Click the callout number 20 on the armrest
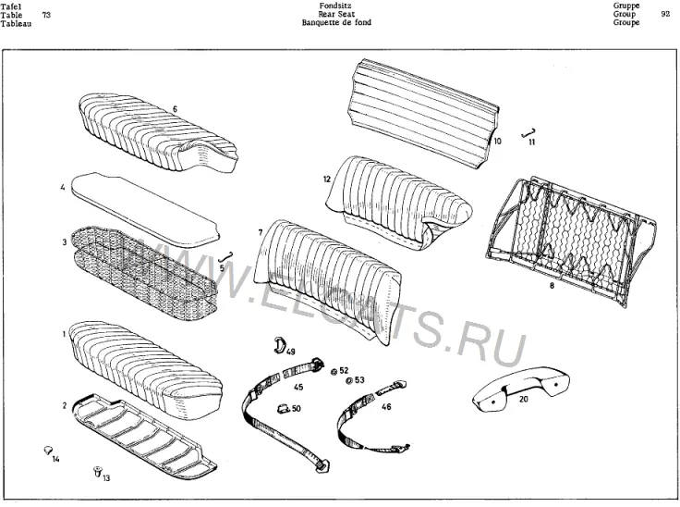pyautogui.click(x=524, y=399)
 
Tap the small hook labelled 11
pyautogui.click(x=529, y=133)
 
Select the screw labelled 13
pyautogui.click(x=97, y=471)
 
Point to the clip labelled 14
pyautogui.click(x=48, y=450)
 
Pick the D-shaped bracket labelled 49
pyautogui.click(x=279, y=343)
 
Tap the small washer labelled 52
pyautogui.click(x=334, y=371)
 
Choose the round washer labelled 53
pyautogui.click(x=349, y=380)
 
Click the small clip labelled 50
pyautogui.click(x=283, y=408)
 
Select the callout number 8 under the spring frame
pyautogui.click(x=552, y=286)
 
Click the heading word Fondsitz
pyautogui.click(x=335, y=6)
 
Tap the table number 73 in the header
pyautogui.click(x=46, y=15)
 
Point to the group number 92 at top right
pyautogui.click(x=666, y=14)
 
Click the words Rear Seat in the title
pyautogui.click(x=336, y=14)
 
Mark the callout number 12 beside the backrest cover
pyautogui.click(x=327, y=179)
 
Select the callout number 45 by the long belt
pyautogui.click(x=298, y=387)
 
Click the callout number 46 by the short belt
pyautogui.click(x=386, y=407)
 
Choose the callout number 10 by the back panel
pyautogui.click(x=497, y=141)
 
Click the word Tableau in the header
pyautogui.click(x=16, y=23)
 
